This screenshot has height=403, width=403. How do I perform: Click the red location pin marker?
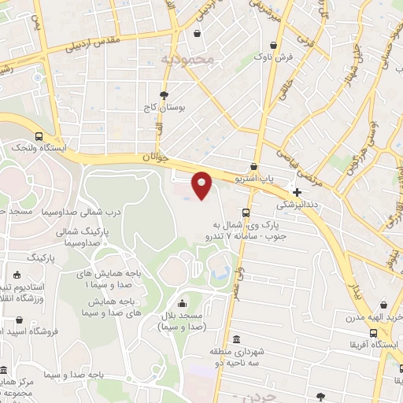tap(202, 185)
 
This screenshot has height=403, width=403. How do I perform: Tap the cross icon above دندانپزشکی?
tap(297, 191)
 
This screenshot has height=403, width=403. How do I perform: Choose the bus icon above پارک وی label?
tap(246, 213)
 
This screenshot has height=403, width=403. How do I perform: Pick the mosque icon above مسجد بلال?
tap(183, 304)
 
